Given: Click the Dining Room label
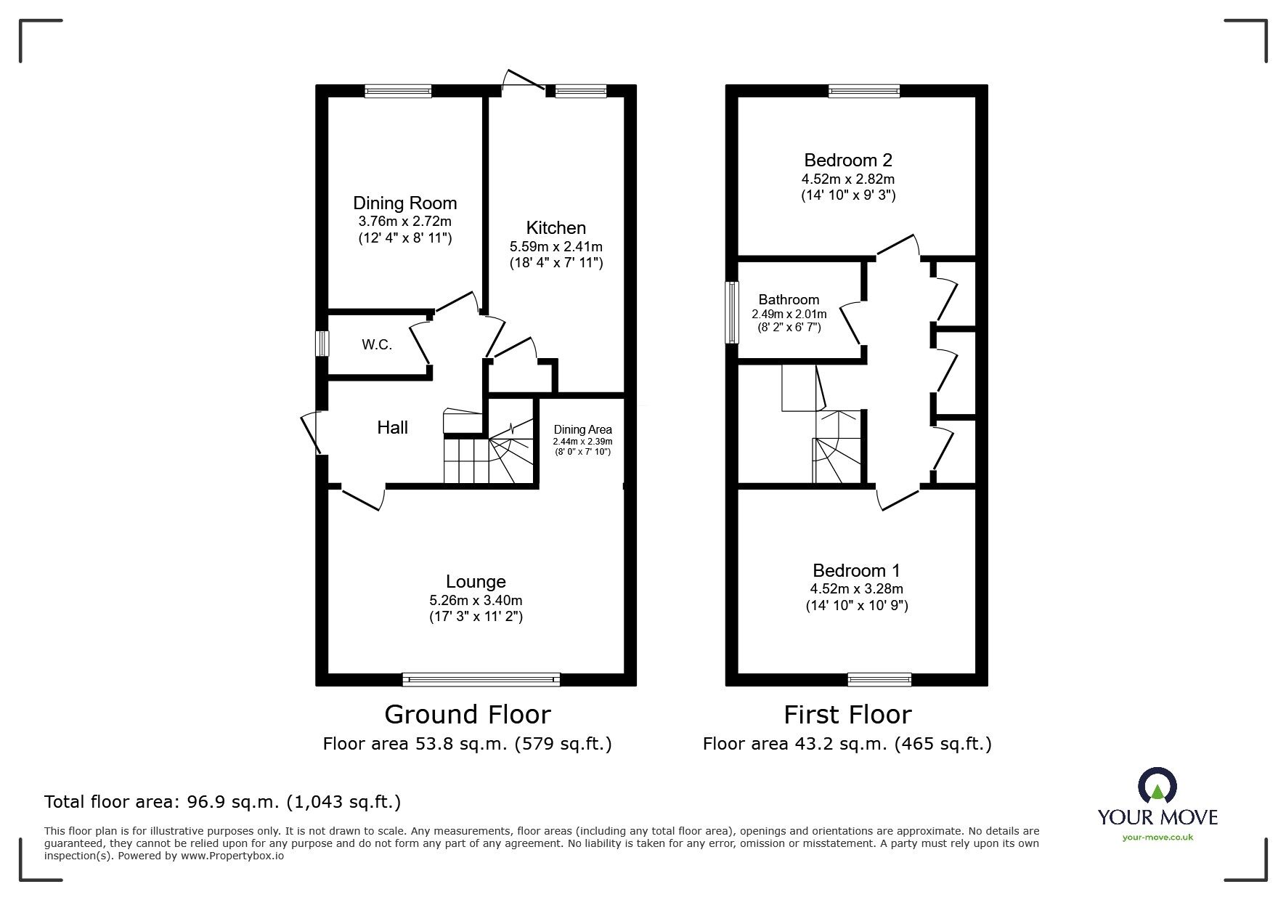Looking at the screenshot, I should [404, 203].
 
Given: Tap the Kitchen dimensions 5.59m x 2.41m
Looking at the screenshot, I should [555, 247].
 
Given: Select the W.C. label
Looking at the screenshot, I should [377, 345].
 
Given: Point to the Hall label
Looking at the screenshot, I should [392, 428].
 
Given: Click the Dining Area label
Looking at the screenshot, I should [582, 429].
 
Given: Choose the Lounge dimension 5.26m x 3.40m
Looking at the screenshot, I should [476, 601].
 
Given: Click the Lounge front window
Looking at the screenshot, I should [481, 680].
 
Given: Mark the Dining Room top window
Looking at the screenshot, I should [398, 91].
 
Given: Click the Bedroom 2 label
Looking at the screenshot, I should [847, 160].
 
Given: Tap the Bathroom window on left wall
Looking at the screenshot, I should [731, 312].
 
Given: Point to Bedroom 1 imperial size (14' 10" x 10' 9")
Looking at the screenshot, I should [857, 605].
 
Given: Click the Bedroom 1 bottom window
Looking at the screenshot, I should [879, 680].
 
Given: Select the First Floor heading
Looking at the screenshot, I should [847, 715].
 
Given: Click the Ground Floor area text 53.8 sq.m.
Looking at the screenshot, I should [467, 744].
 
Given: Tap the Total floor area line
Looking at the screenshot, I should [222, 802].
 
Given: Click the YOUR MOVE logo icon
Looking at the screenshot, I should [1157, 787].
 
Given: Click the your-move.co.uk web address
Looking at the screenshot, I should [1157, 838].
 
